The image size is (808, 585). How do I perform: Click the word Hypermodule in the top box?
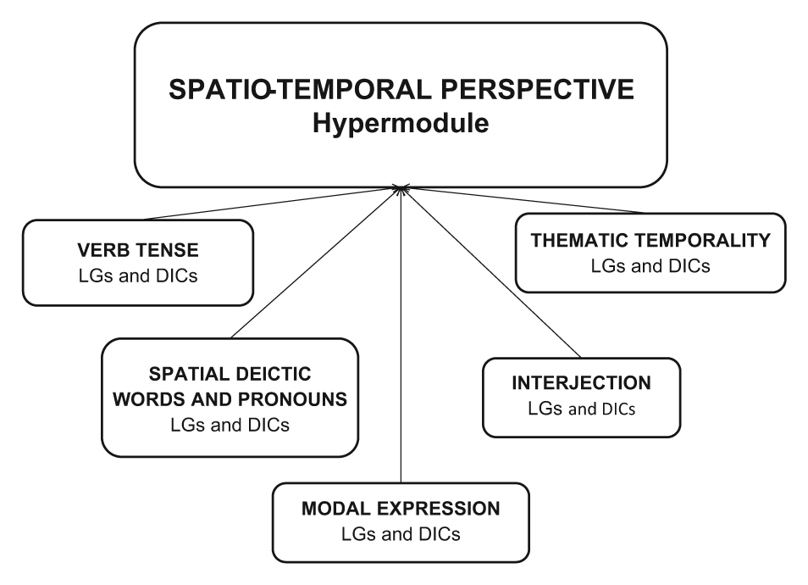(401, 124)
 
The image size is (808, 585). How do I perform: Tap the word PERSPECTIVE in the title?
(537, 89)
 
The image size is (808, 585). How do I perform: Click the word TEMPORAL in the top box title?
(352, 89)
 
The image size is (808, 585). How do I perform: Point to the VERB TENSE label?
(138, 250)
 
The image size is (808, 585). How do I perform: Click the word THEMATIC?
(579, 241)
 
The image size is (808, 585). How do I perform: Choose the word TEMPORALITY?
(702, 241)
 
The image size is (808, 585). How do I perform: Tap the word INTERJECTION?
(581, 382)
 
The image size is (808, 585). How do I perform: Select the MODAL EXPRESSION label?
(401, 509)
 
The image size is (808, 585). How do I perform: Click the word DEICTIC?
(270, 374)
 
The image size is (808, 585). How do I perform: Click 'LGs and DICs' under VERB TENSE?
(138, 276)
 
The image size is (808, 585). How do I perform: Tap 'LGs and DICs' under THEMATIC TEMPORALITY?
(650, 266)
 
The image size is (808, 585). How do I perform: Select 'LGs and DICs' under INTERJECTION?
(581, 409)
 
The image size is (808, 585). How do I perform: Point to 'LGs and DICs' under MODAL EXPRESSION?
(401, 534)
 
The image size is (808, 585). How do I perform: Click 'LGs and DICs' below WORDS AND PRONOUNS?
(230, 425)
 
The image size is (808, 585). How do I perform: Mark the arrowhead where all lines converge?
(401, 189)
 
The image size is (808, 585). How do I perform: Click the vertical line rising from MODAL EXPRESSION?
(401, 336)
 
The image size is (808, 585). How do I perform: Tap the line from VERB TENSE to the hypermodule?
(272, 203)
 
